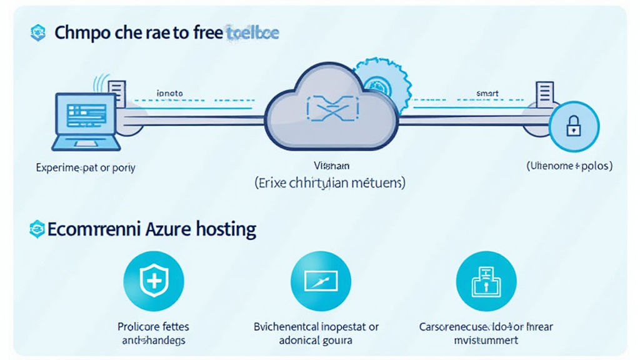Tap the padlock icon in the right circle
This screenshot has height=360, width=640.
pos(573,127)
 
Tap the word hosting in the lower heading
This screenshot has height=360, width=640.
pos(226,229)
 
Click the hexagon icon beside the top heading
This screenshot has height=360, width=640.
pos(38,33)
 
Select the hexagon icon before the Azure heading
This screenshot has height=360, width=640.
pos(38,229)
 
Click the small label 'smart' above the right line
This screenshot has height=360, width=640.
pos(487,93)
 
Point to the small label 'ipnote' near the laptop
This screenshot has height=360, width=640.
pos(169,93)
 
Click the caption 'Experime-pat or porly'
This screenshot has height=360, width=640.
pos(86,167)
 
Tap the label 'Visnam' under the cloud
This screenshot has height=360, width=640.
pos(331,166)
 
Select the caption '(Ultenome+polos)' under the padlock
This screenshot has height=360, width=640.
pos(569,166)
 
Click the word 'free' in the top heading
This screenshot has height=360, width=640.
pos(204,32)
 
